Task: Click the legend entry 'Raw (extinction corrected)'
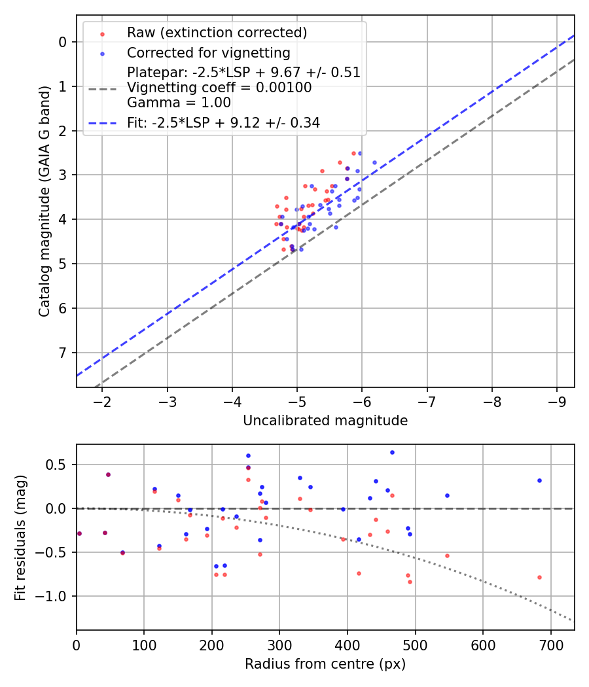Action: pyautogui.click(x=217, y=33)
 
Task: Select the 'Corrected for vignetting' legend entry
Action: pyautogui.click(x=208, y=53)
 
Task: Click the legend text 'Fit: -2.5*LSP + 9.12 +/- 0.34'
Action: pyautogui.click(x=223, y=122)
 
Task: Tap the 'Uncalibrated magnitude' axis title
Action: pyautogui.click(x=325, y=421)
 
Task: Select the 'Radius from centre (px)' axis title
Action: pyautogui.click(x=325, y=664)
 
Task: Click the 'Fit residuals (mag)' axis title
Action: pyautogui.click(x=20, y=538)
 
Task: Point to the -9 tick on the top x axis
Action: pyautogui.click(x=557, y=401)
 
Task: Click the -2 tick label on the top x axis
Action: pyautogui.click(x=102, y=401)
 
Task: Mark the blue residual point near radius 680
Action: pyautogui.click(x=539, y=480)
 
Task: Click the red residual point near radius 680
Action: pyautogui.click(x=539, y=577)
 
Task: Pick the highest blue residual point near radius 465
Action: pyautogui.click(x=392, y=452)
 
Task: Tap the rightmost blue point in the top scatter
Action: pyautogui.click(x=374, y=162)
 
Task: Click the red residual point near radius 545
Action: pyautogui.click(x=447, y=555)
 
